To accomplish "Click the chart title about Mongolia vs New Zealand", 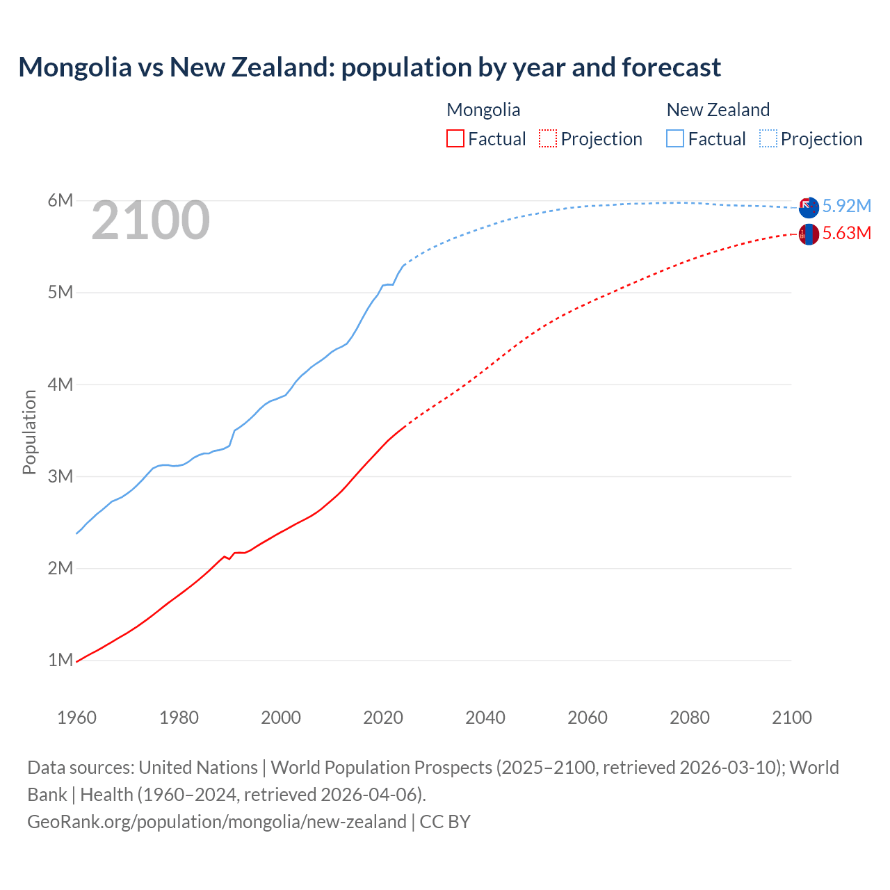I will click(x=369, y=67).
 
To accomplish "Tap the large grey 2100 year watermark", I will click(x=150, y=220).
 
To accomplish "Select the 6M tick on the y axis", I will click(x=60, y=201).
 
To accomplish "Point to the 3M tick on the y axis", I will click(x=60, y=476).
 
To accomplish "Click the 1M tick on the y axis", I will click(x=60, y=660).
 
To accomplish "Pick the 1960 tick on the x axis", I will click(x=76, y=718).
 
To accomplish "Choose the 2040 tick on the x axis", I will click(x=485, y=718).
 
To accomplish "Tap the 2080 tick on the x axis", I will click(x=690, y=718).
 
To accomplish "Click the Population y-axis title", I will click(x=29, y=432).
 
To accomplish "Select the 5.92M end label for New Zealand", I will click(x=846, y=206).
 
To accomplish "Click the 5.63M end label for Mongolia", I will click(x=846, y=233).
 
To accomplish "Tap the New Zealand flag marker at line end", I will click(x=809, y=207).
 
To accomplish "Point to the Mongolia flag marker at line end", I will click(x=809, y=234).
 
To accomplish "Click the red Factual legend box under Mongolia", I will click(x=455, y=138).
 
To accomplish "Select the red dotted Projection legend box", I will click(x=548, y=138).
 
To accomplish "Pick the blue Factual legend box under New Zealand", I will click(x=675, y=138).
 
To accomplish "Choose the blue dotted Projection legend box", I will click(x=768, y=138).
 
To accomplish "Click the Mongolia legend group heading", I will click(x=483, y=110).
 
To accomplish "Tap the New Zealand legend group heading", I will click(x=718, y=110).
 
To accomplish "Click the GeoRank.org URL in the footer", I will click(x=217, y=821).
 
